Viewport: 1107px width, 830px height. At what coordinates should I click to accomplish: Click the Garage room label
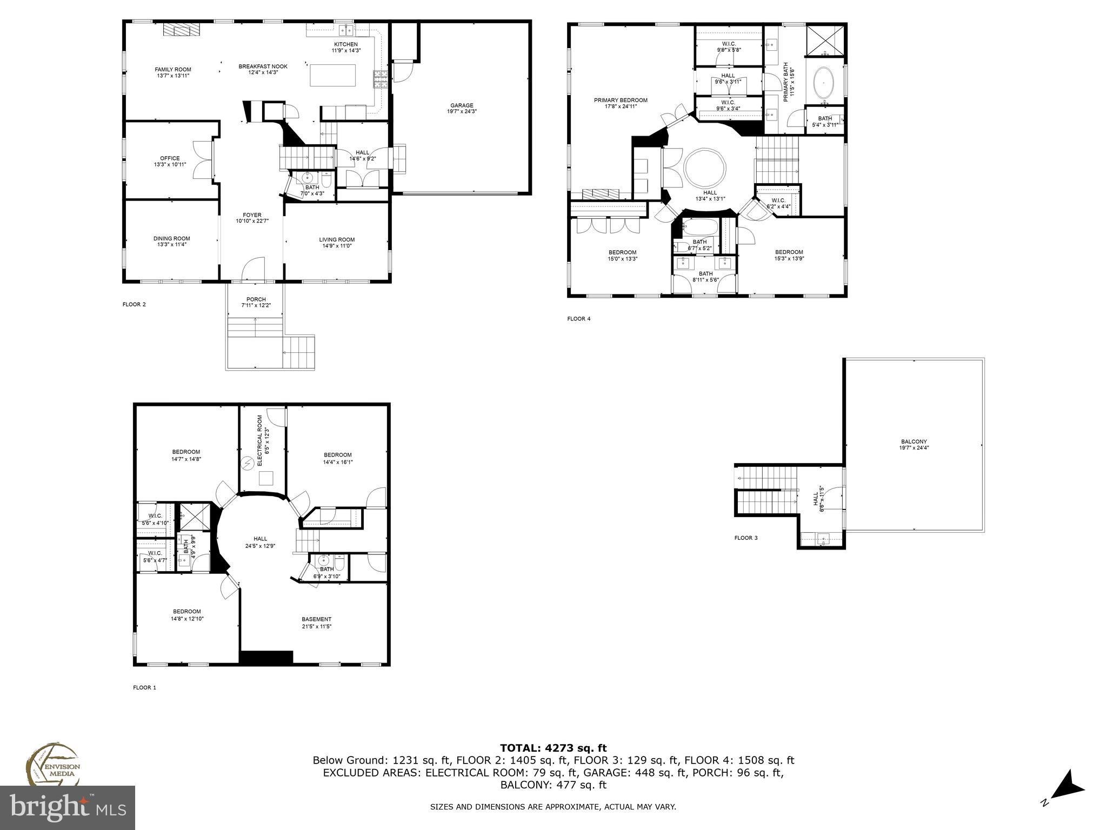tap(462, 105)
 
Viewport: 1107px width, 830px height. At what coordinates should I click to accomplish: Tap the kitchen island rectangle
tap(333, 75)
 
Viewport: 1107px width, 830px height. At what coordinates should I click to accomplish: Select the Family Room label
tap(173, 69)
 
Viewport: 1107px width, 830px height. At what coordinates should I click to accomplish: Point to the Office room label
tap(170, 158)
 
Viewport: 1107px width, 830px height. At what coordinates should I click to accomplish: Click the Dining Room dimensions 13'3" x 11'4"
tap(171, 245)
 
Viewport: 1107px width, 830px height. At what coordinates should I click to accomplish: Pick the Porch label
tap(256, 299)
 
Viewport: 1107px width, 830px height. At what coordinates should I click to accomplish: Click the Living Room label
tap(337, 239)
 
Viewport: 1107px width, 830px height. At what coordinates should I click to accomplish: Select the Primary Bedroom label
tap(621, 100)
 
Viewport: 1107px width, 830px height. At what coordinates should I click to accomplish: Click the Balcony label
tap(913, 441)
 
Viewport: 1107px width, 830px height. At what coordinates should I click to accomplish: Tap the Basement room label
tap(316, 619)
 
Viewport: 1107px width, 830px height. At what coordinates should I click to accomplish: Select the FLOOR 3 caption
tap(745, 538)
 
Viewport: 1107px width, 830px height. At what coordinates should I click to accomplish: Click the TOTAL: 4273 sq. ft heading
tap(553, 748)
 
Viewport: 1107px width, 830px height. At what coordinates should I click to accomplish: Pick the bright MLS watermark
tap(67, 808)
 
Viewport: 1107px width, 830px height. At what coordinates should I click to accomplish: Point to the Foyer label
tap(252, 215)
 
